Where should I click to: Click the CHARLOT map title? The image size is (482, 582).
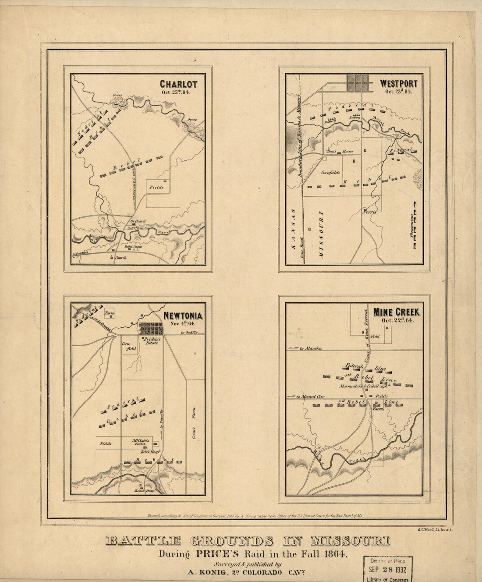(x=178, y=84)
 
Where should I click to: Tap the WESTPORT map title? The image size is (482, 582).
(x=398, y=83)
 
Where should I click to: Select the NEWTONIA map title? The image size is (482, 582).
(x=183, y=316)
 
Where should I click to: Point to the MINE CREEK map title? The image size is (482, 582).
(x=396, y=312)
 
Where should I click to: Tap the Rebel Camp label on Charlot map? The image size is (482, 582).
(x=132, y=246)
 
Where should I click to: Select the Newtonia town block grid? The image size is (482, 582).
(x=150, y=328)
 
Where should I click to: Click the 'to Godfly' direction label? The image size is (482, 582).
(x=189, y=334)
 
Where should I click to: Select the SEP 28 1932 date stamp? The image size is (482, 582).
(x=387, y=570)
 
